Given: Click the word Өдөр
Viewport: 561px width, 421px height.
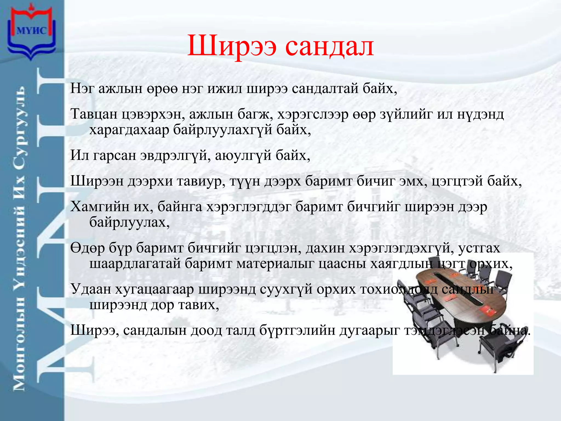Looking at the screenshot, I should click(88, 248).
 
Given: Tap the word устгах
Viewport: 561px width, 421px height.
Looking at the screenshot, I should click(479, 248).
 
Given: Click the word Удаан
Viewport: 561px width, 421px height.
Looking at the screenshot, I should click(90, 289).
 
